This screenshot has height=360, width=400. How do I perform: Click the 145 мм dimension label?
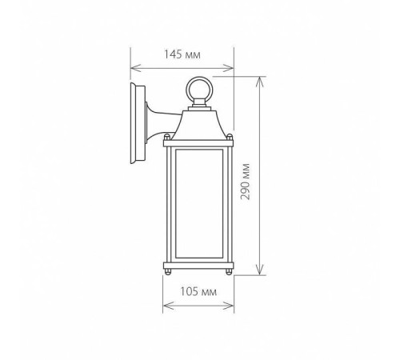(182, 54)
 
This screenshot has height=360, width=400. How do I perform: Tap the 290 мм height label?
(245, 182)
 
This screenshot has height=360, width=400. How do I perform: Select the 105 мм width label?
(198, 291)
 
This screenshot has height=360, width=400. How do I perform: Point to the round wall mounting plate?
(138, 122)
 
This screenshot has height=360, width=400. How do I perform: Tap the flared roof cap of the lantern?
(198, 125)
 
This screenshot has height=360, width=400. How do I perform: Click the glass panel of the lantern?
(199, 204)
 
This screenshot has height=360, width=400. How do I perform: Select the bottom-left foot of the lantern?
(168, 272)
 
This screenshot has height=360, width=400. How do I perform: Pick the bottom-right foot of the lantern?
(229, 272)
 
